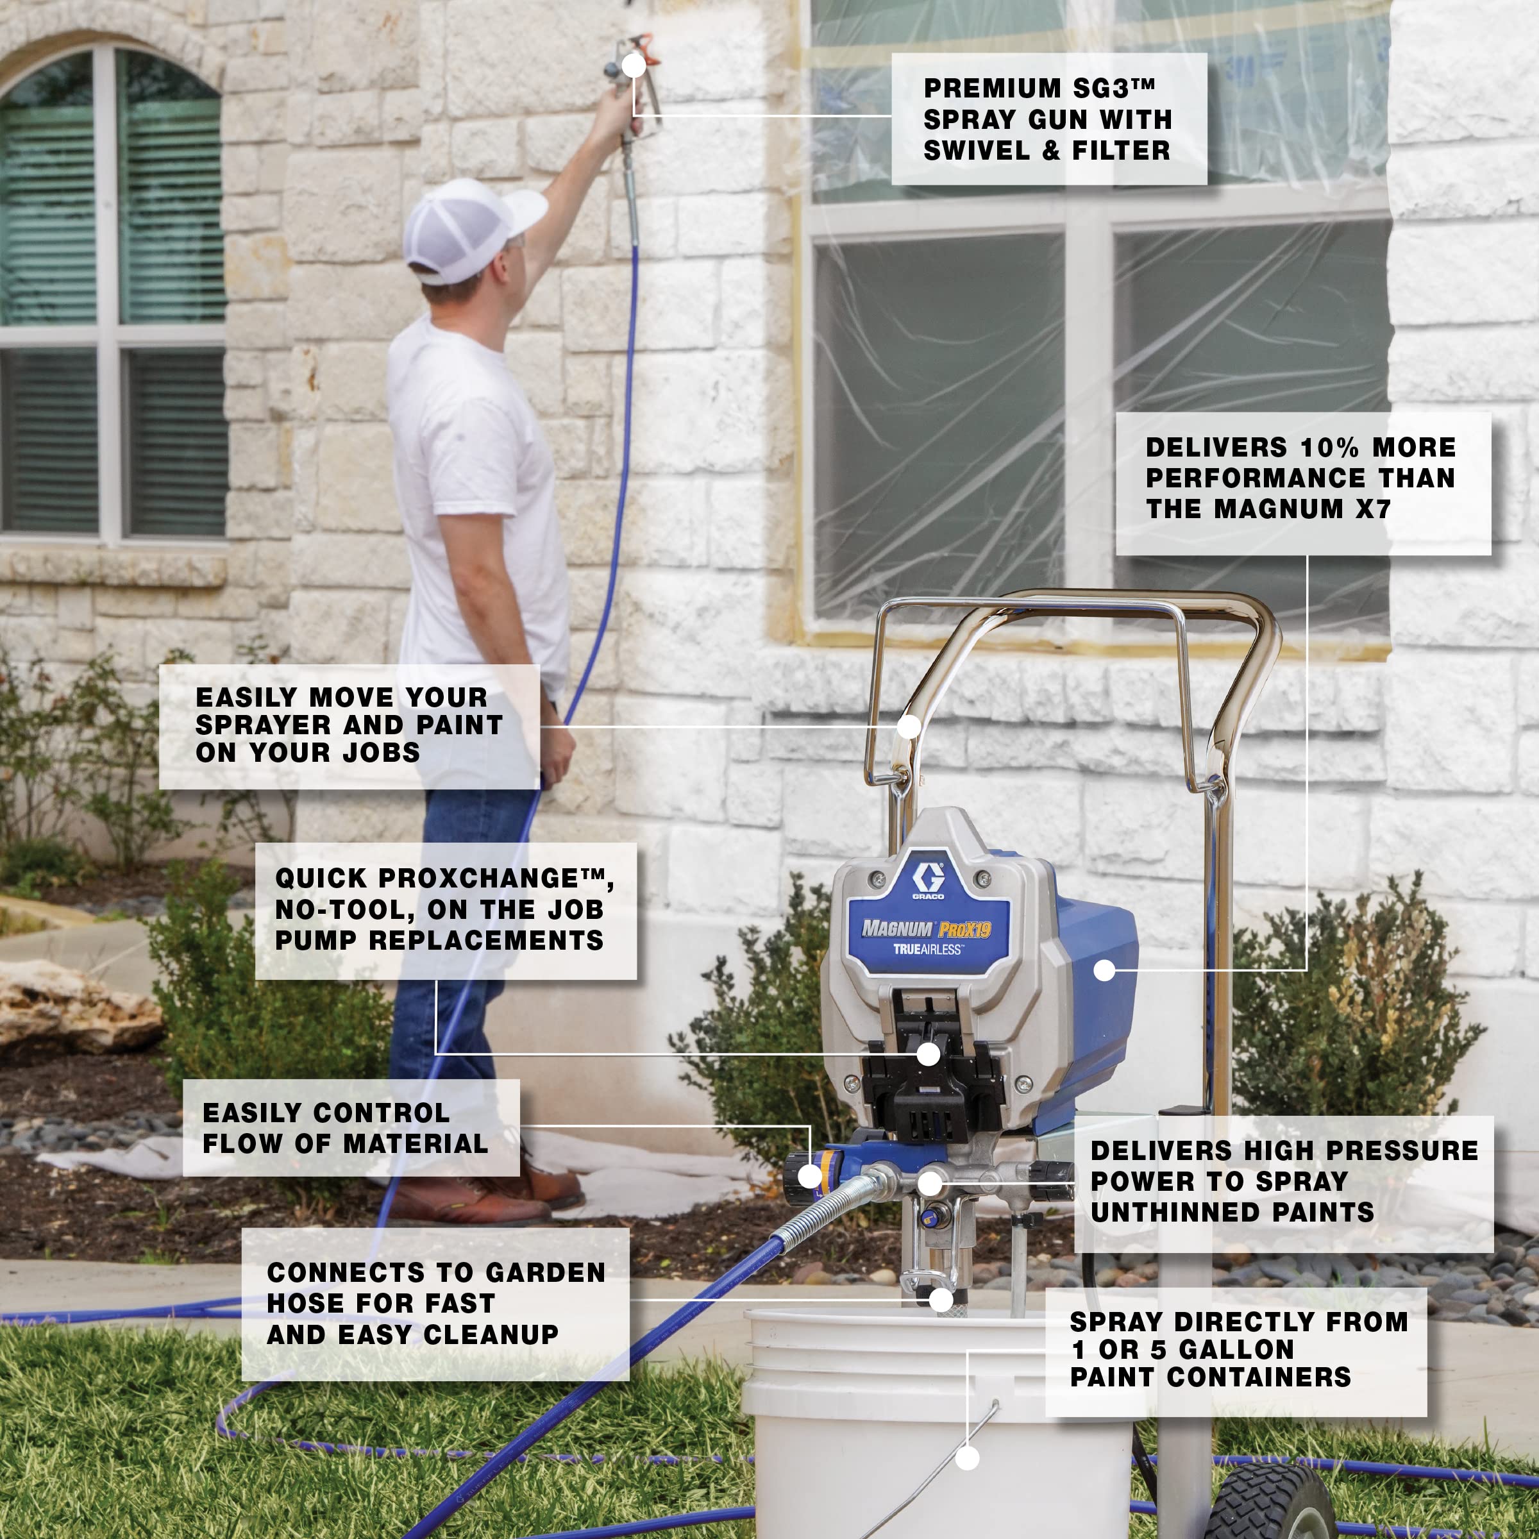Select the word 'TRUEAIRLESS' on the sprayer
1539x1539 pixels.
pos(927,950)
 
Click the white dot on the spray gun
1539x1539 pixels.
pos(634,65)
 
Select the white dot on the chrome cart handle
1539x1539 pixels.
pos(909,726)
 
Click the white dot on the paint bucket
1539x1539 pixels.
pos(967,1458)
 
